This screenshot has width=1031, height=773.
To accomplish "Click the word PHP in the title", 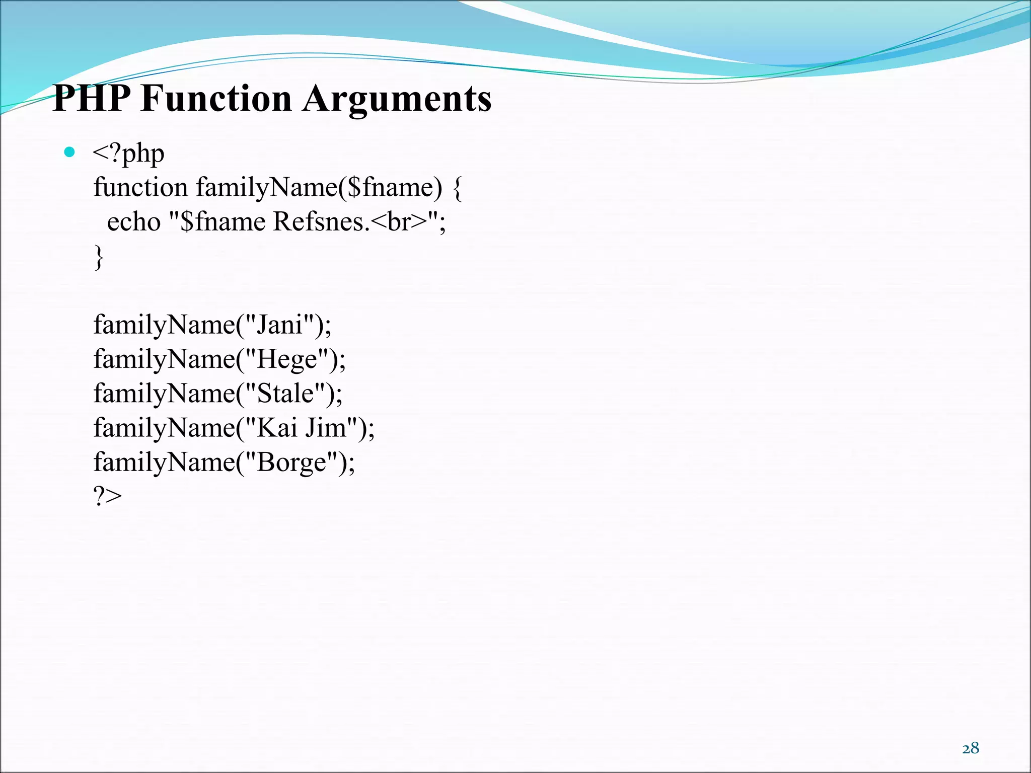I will (x=91, y=98).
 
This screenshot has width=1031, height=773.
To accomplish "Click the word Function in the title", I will (x=216, y=98).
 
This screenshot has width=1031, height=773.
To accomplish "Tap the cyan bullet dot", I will (x=70, y=152).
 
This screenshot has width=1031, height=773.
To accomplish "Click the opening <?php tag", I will (x=128, y=153).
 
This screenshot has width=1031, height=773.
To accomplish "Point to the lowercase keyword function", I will (x=140, y=187).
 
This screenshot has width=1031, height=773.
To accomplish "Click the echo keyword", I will (x=133, y=222).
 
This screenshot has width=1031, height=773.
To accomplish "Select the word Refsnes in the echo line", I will (x=319, y=222).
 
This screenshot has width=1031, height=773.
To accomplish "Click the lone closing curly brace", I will (x=99, y=257).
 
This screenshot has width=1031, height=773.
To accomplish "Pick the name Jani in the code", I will (x=279, y=325).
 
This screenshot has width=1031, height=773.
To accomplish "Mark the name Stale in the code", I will (x=285, y=394).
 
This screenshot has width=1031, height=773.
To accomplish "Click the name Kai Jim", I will (x=302, y=428).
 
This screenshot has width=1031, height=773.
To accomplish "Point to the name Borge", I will (x=291, y=462).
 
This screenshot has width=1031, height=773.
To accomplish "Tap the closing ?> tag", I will (x=107, y=496).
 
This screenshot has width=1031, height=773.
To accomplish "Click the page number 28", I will (x=971, y=748).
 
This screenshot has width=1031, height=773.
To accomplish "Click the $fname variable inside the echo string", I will (x=222, y=222).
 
